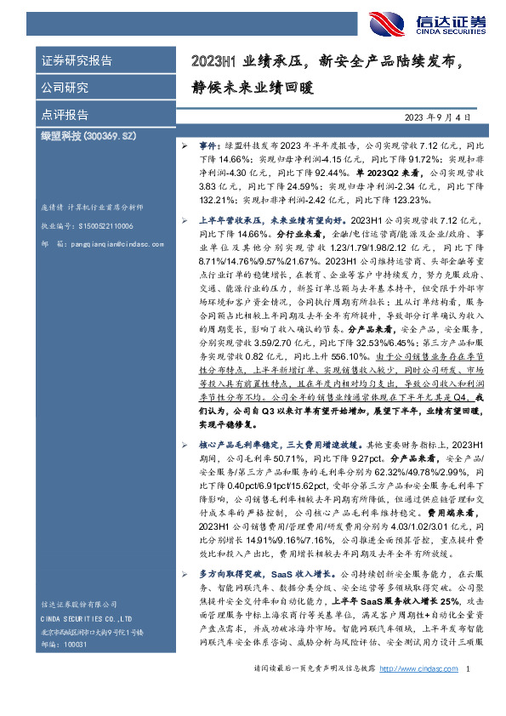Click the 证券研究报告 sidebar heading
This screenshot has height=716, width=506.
[77, 61]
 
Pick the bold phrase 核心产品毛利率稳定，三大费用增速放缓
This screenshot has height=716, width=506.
[269, 444]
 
